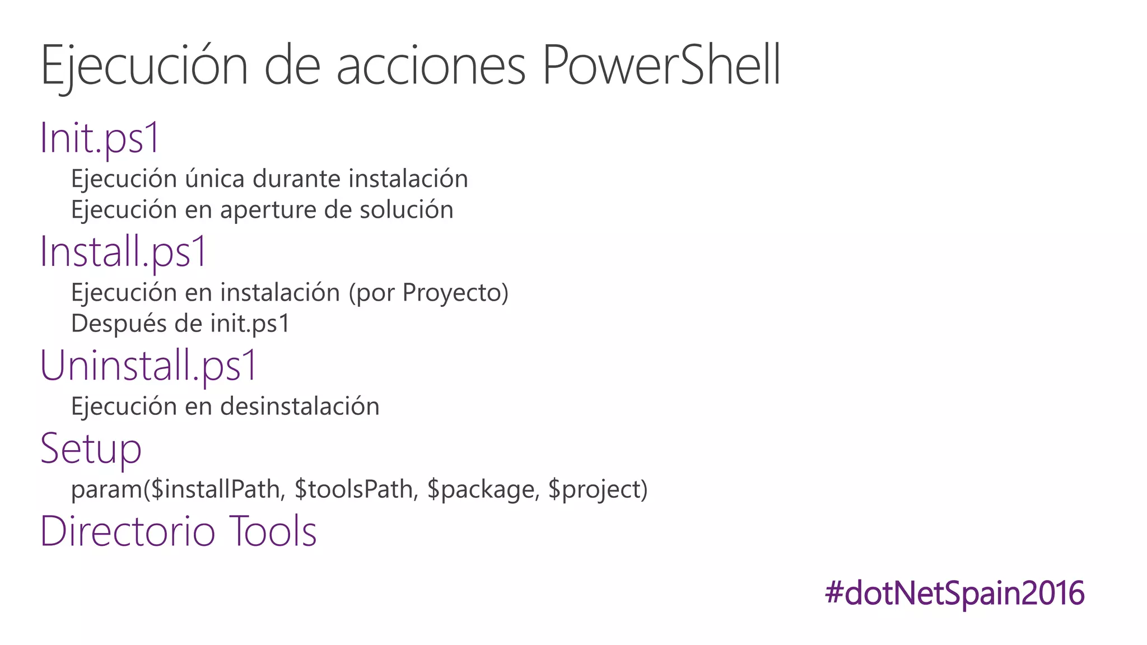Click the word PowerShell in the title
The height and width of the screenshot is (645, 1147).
tap(661, 66)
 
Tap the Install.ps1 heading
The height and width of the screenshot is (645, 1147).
tap(124, 251)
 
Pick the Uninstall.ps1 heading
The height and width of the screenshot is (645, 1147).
tap(148, 365)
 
